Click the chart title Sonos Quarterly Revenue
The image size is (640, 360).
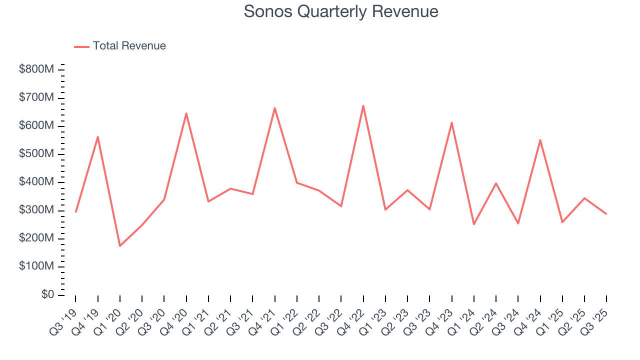coord(341,11)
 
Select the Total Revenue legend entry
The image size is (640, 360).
coord(120,46)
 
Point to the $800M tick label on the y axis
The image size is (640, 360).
coord(36,69)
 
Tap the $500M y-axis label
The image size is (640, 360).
coord(36,154)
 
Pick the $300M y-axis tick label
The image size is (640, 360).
coord(36,210)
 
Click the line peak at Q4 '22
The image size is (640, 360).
coord(363,105)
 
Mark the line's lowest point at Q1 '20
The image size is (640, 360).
coord(120,246)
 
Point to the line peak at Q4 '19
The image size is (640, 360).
coord(98,136)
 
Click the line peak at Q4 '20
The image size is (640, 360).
coord(186,113)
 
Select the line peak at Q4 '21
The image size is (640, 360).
coord(275,108)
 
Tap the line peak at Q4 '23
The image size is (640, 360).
coord(452,122)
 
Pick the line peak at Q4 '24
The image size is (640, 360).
coord(540,140)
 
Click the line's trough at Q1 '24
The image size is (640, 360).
coord(474,224)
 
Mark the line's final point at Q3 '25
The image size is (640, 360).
coord(606,214)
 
